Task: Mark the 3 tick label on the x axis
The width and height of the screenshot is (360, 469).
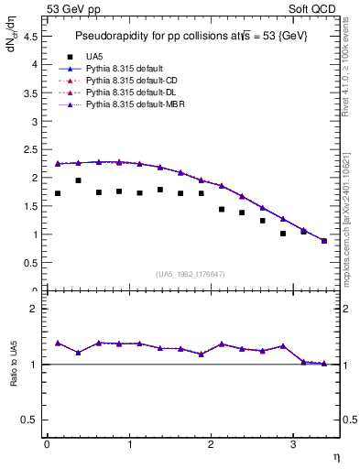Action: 292,444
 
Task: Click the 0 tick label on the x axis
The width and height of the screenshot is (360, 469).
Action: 47,444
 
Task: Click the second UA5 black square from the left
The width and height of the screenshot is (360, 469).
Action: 78,180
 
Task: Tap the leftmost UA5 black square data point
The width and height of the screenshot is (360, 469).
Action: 58,193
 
